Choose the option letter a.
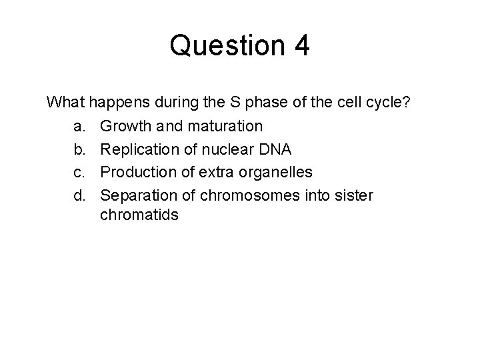point(78,126)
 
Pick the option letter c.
point(78,173)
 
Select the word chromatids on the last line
point(139,215)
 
